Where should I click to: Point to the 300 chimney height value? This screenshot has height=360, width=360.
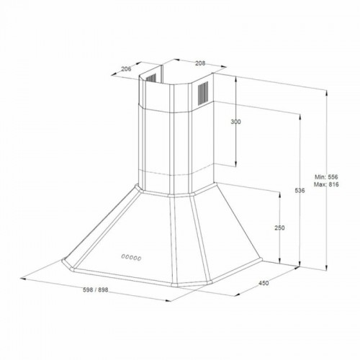[x=235, y=122]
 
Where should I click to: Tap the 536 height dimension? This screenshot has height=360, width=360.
[x=300, y=191]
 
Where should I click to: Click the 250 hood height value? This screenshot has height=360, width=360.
[x=279, y=228]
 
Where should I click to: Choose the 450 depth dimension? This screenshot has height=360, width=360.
[x=264, y=283]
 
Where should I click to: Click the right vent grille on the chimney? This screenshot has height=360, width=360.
[x=202, y=91]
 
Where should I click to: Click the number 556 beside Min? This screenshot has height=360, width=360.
[x=333, y=176]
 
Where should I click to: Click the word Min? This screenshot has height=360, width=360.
[x=320, y=176]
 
